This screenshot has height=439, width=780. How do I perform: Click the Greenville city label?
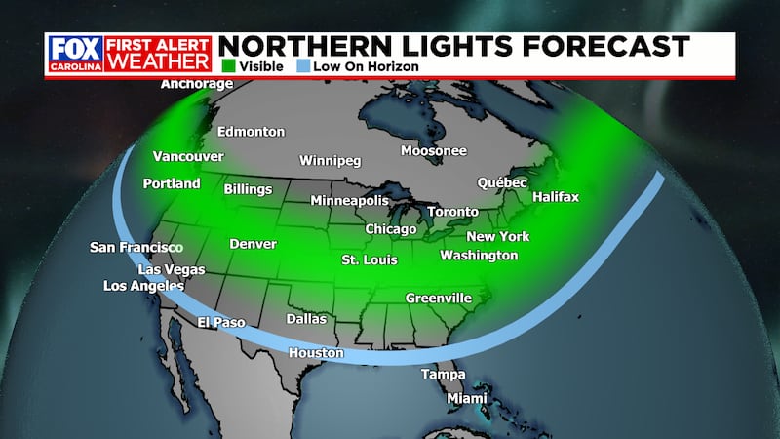click(x=438, y=298)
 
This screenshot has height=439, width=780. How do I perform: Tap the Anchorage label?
click(x=197, y=84)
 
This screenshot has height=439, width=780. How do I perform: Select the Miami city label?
click(x=466, y=400)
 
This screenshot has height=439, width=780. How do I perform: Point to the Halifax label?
click(x=556, y=197)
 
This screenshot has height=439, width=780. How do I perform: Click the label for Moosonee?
click(x=434, y=151)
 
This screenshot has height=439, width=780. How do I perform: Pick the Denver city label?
click(x=253, y=244)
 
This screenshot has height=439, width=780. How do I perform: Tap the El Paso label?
click(x=220, y=322)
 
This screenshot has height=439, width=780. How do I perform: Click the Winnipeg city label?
click(x=331, y=160)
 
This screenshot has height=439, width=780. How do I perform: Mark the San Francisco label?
click(x=136, y=248)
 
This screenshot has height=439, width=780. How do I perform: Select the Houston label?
click(x=315, y=353)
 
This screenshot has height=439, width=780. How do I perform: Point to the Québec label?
click(x=502, y=182)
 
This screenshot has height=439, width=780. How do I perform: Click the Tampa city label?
click(x=443, y=375)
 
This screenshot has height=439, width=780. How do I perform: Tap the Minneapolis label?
click(x=349, y=201)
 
